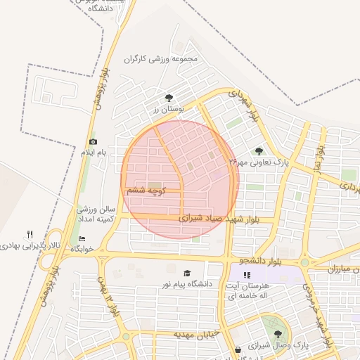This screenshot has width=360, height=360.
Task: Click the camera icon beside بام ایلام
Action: tap(93, 142)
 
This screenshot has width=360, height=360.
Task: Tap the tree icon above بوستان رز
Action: tap(168, 98)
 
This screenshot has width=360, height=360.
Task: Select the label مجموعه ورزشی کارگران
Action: tap(168, 60)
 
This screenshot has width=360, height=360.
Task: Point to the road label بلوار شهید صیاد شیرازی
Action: tap(219, 219)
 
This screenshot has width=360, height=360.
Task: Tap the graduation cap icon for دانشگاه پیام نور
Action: tap(187, 273)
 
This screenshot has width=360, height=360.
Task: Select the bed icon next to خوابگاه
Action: tap(82, 239)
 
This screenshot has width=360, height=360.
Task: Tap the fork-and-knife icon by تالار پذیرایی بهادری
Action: tap(30, 234)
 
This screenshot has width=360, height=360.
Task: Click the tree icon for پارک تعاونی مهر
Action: tap(259, 150)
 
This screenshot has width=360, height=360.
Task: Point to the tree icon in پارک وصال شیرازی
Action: tap(278, 335)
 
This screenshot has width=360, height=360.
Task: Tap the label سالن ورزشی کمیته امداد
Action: tap(96, 215)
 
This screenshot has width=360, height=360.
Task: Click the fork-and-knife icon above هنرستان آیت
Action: tap(246, 275)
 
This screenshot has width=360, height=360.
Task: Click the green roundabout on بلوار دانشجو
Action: tap(304, 263)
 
